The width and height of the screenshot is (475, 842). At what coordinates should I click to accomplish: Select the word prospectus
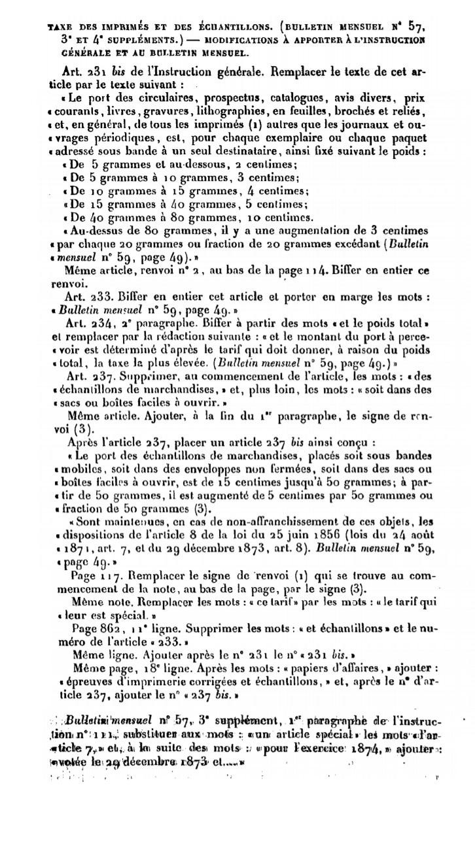tap(219, 99)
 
